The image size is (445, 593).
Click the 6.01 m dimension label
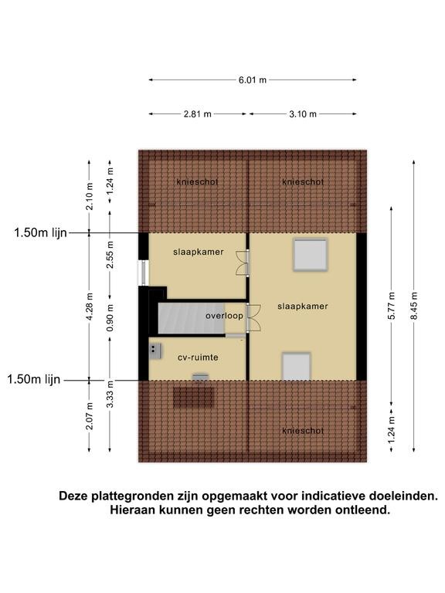[253, 80]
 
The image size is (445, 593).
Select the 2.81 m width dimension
[198, 114]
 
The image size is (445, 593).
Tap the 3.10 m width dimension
[303, 114]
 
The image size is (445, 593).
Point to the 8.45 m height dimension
[414, 306]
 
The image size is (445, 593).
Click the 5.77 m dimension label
[391, 306]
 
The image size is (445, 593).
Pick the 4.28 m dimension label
[90, 307]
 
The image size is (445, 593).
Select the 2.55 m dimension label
[110, 255]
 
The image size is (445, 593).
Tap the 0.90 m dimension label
[110, 317]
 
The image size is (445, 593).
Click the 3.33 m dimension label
[110, 395]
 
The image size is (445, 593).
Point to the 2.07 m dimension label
[90, 416]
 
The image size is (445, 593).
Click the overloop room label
[224, 315]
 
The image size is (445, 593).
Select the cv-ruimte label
[198, 357]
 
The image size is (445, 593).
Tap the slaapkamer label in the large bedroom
[303, 307]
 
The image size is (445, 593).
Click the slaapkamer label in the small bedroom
[199, 252]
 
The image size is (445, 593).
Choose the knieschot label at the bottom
[303, 431]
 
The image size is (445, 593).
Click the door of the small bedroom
[242, 263]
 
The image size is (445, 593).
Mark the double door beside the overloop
[253, 318]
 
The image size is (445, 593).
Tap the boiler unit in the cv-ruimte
[155, 351]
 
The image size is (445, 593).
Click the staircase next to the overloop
[191, 318]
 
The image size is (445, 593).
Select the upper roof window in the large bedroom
[311, 255]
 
